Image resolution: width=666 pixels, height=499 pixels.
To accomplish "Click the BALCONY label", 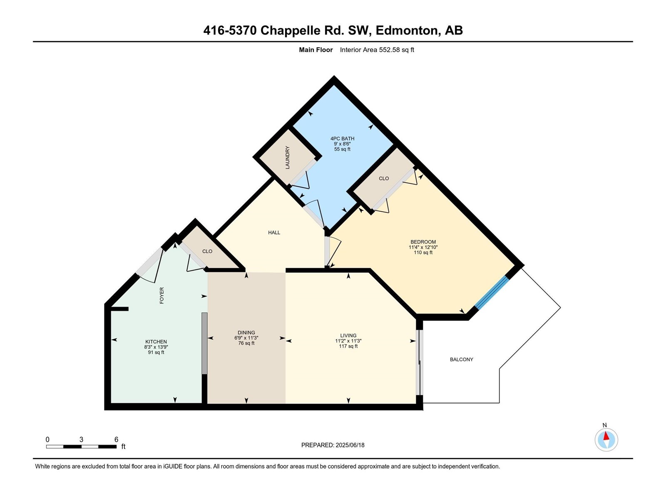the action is (x=461, y=359).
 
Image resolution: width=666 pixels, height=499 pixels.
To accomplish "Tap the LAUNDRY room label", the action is (x=287, y=158).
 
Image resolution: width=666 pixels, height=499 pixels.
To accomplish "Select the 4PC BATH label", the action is (x=342, y=138).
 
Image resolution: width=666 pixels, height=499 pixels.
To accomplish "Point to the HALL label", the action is (x=274, y=232).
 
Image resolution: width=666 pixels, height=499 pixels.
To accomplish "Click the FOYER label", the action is (x=162, y=295).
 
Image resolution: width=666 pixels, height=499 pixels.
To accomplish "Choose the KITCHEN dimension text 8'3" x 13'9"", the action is (x=156, y=347).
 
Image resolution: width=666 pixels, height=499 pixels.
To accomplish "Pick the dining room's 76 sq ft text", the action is (x=246, y=343).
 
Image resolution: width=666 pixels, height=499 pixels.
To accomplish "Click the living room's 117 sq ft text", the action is (x=348, y=346).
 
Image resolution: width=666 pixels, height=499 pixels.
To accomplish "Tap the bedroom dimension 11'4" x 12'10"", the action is (x=423, y=247).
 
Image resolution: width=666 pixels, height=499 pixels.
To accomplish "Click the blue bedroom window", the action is (x=492, y=292).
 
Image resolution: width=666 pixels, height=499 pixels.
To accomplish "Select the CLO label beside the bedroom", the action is (x=384, y=178).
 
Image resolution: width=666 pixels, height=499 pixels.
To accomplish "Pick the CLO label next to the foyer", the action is (x=207, y=251).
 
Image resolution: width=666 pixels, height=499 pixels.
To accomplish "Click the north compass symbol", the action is (x=606, y=440).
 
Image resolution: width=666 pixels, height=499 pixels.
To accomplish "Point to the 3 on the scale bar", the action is (x=81, y=439).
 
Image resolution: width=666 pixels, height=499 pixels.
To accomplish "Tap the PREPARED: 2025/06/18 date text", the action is (x=333, y=445).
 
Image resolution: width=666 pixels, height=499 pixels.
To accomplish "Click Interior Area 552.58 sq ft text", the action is (x=377, y=49).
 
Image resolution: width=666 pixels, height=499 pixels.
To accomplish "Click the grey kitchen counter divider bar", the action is (x=204, y=343).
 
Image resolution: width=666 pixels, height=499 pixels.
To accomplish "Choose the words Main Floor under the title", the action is (x=316, y=49).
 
